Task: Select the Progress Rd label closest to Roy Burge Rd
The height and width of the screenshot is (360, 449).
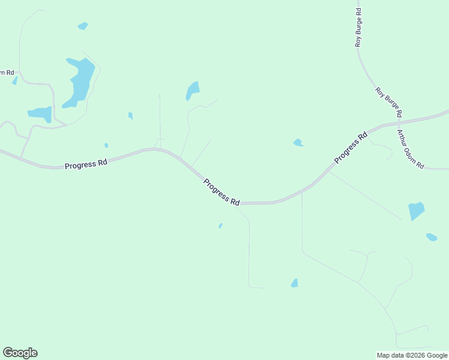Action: coord(351,148)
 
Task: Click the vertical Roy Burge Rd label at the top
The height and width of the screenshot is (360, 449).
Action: coord(358,28)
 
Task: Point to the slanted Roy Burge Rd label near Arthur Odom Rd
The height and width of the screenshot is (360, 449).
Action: coord(388,102)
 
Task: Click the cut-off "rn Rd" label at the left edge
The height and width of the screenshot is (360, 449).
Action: coord(6,73)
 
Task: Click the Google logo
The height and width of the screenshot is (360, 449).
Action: coord(20,353)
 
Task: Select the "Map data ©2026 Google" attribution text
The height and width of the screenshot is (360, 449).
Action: coord(412,355)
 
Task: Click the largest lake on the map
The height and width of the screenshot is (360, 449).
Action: coord(81,81)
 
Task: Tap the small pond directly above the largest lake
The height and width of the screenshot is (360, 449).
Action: coord(83,26)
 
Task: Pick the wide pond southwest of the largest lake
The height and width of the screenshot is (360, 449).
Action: coord(40,114)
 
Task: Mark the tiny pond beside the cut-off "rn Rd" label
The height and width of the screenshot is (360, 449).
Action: coord(14,80)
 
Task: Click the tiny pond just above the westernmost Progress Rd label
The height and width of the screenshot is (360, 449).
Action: coord(106,145)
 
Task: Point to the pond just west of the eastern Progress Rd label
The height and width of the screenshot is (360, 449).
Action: coord(298,142)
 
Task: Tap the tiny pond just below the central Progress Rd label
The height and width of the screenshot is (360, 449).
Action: coord(220,226)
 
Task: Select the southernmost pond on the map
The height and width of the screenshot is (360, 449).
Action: coord(294,283)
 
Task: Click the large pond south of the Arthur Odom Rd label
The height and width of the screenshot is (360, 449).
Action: coord(416,211)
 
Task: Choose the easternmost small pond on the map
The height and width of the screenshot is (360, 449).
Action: coord(432,237)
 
